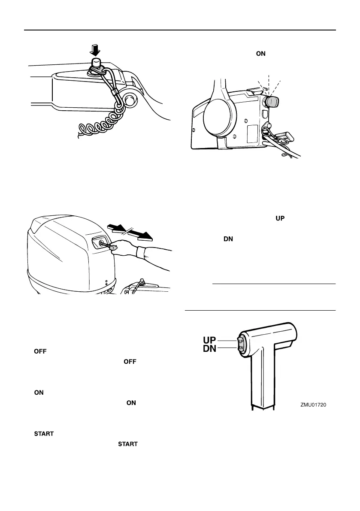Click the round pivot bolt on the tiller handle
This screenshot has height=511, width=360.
click(128, 101)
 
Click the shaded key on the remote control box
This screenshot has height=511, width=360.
click(272, 102)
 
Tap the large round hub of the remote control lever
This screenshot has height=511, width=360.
click(219, 121)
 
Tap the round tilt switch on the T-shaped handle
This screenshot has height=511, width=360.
click(240, 344)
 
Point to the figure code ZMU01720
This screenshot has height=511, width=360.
click(317, 404)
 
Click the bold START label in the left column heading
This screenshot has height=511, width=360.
click(43, 434)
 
